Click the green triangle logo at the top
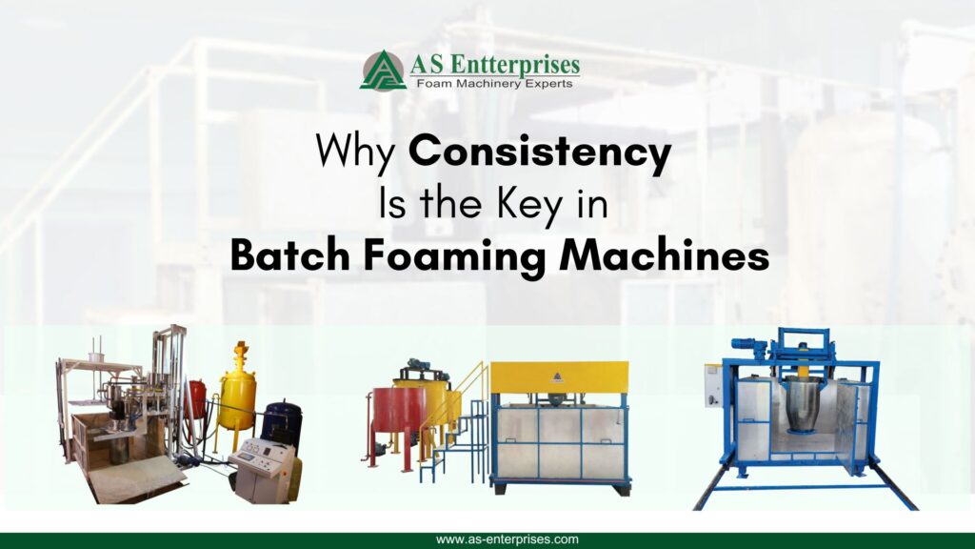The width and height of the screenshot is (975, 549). coord(383,71)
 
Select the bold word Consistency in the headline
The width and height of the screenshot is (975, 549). coord(540,153)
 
